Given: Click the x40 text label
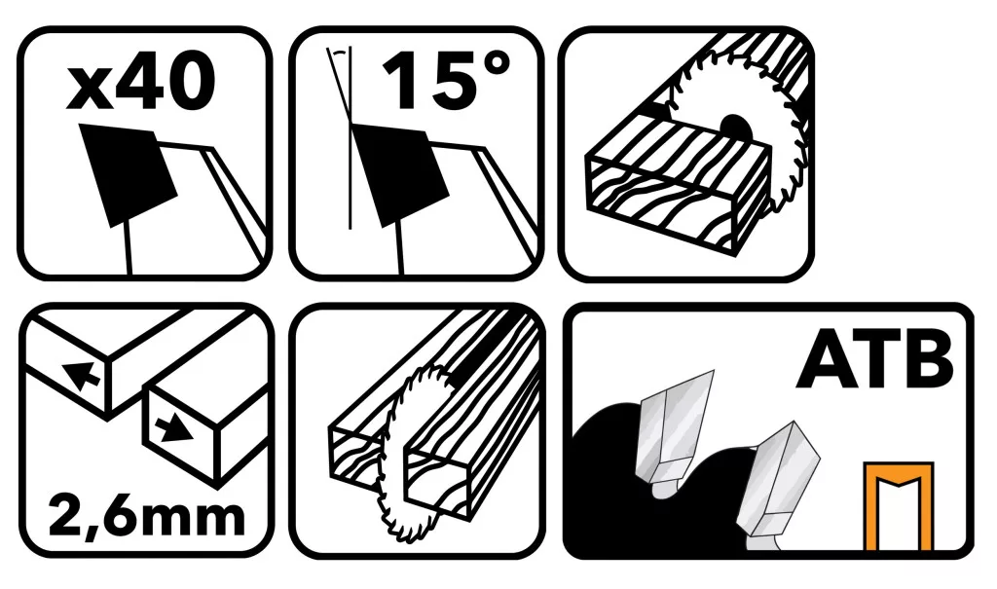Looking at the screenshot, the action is pos(140,83).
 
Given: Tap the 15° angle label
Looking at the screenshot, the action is pos(446,81).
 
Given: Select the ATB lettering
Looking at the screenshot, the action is pos(875,361).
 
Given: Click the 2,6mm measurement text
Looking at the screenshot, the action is pos(146,518).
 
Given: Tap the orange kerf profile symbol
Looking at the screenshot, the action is pos(899,506).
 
